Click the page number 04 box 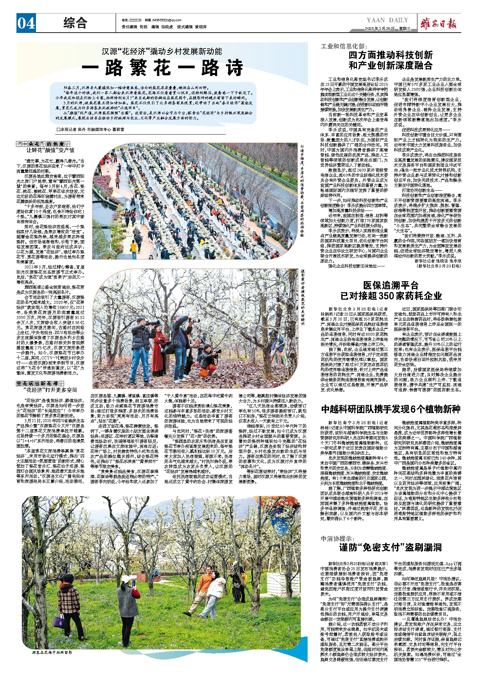pos(26,24)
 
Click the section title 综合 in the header pos(75,23)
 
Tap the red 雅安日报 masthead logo pos(439,24)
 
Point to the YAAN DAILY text pos(387,20)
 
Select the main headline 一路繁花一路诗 pos(162,68)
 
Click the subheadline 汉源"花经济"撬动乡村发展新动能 pos(162,51)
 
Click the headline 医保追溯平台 pos(391,286)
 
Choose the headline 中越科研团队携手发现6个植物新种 pos(391,409)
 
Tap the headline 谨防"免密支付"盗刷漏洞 pos(390,548)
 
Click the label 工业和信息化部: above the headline pos(344,46)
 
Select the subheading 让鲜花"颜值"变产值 pos(50,150)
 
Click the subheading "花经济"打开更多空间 pos(50,390)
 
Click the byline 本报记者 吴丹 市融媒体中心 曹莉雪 pos(91,129)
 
